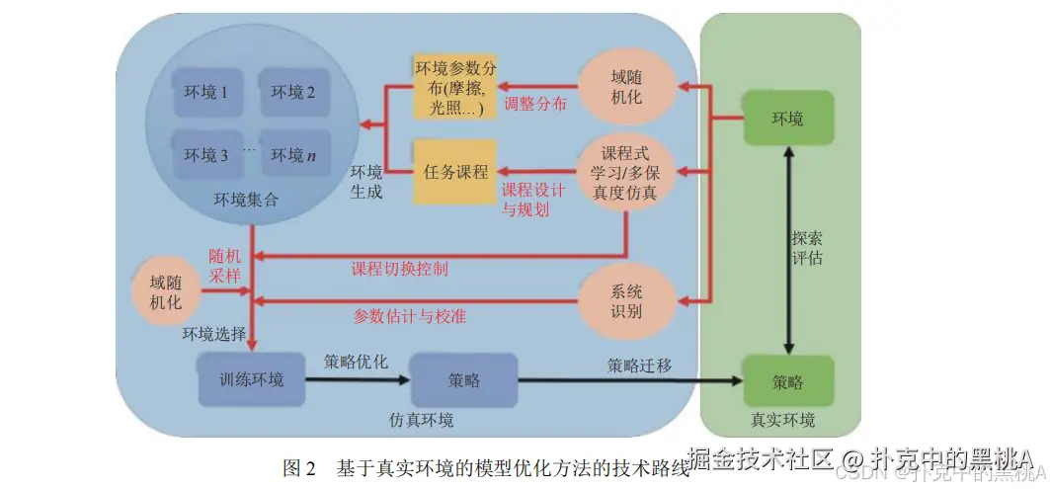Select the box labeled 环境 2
coord(293,92)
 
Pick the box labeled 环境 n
coord(293,155)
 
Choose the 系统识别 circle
coord(626,300)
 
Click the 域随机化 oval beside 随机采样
coord(166,292)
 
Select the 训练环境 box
coord(251,379)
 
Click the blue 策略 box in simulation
coord(464,379)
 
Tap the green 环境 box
coord(787,120)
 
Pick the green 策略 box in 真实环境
coord(787,381)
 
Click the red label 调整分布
coord(534,104)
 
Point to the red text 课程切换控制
coord(399,268)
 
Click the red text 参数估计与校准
coord(409,316)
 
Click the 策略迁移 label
coord(639,366)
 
